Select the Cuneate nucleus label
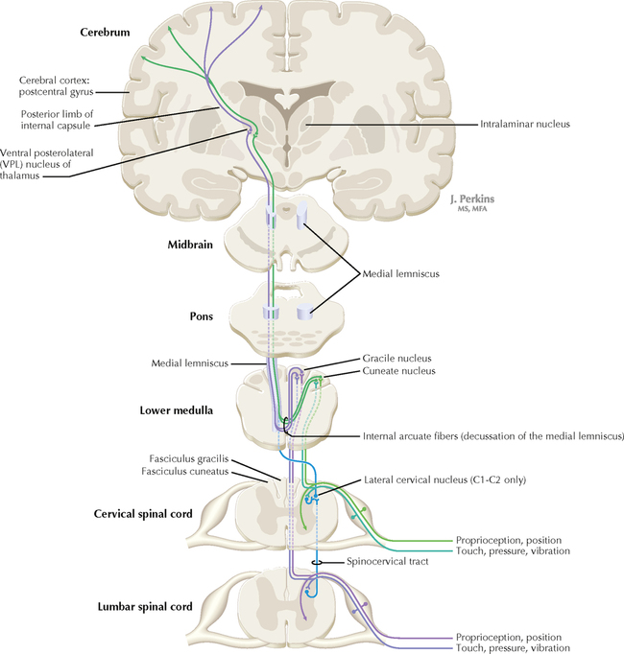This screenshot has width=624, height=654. [399, 370]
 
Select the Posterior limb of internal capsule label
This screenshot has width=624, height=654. [60, 118]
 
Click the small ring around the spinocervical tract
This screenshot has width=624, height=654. [314, 562]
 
